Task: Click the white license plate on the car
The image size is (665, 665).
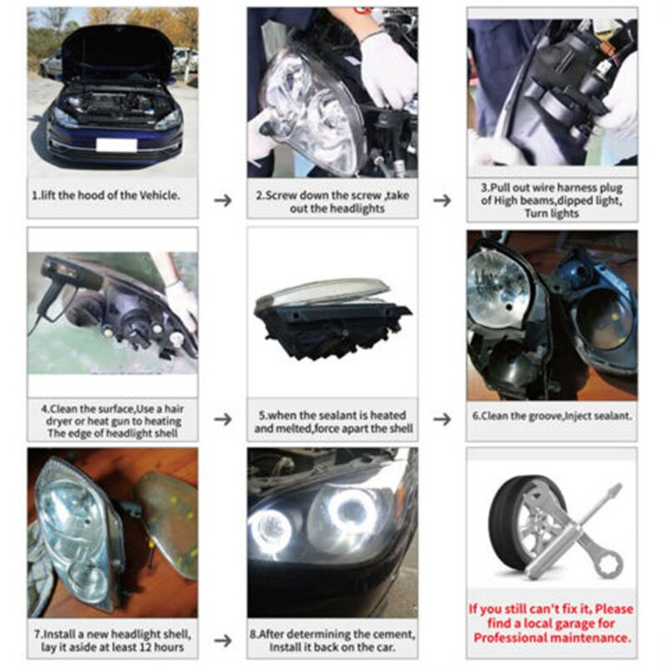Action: pyautogui.click(x=116, y=145)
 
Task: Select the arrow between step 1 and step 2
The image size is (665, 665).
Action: pyautogui.click(x=223, y=200)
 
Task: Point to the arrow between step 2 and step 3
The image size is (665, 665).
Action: pyautogui.click(x=443, y=200)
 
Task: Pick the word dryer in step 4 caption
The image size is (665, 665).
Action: pyautogui.click(x=56, y=421)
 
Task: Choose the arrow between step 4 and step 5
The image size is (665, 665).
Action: pyautogui.click(x=223, y=419)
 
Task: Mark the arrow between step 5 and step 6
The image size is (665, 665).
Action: pyautogui.click(x=443, y=419)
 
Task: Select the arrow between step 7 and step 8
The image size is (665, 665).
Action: pyautogui.click(x=223, y=641)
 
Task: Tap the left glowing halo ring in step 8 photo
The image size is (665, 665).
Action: pyautogui.click(x=272, y=525)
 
